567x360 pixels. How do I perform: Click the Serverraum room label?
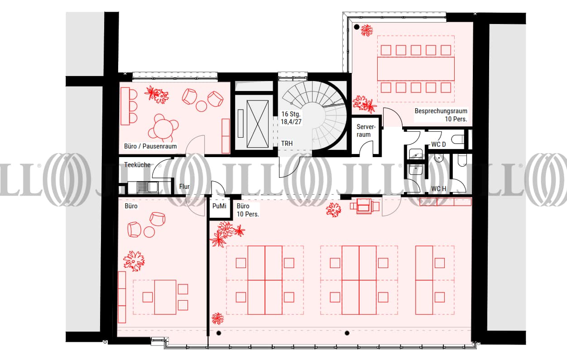coord(366,130)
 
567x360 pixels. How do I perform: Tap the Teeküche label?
coord(137,165)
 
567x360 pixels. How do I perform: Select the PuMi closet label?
coord(219,206)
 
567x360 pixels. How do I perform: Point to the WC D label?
coord(438,144)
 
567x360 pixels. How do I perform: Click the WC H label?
coord(439,189)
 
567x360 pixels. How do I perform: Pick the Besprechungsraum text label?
coord(441,111)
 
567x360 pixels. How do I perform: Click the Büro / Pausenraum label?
coord(150,146)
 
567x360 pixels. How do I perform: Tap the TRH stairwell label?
coord(287,143)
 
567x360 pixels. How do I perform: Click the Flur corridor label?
coord(184,187)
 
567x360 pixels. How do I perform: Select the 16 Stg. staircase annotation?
coord(291,114)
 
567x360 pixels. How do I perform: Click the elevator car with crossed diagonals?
coord(257,124)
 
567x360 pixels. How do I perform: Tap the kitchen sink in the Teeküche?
coord(147,187)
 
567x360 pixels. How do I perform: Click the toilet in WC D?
coord(458,139)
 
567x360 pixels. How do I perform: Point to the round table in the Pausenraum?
coord(164,128)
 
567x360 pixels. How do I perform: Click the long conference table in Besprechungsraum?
coord(416,69)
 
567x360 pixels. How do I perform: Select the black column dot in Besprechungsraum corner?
coord(357,27)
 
